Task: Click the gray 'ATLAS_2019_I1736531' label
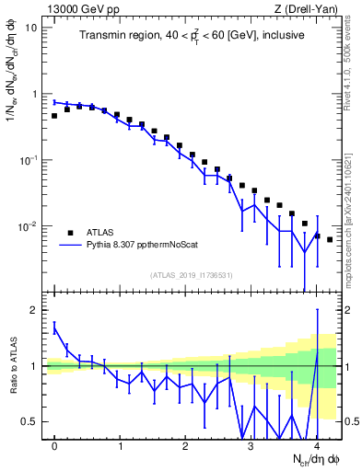(191, 275)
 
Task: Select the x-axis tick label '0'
(55, 446)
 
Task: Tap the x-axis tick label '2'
(186, 446)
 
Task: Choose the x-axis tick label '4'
(317, 446)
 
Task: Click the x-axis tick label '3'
(251, 446)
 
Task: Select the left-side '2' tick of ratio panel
(35, 310)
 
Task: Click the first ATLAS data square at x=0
(54, 116)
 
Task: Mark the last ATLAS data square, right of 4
(330, 239)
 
